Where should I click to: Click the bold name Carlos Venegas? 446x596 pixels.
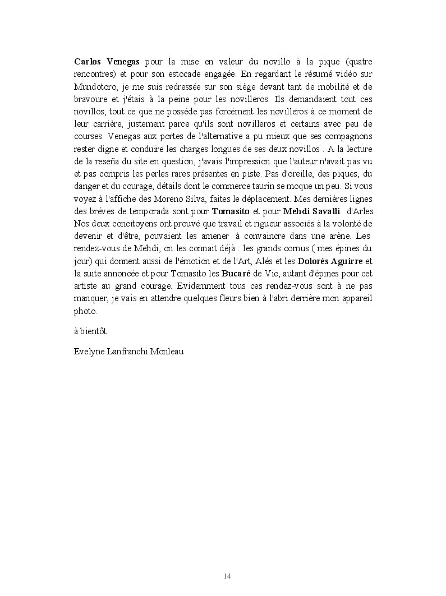click(107, 61)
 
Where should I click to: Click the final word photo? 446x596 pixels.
click(85, 311)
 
